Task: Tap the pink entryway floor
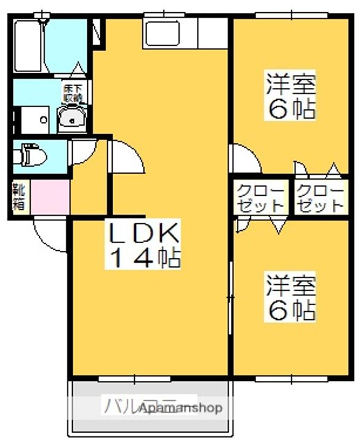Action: (x=50, y=197)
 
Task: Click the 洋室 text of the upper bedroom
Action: (x=290, y=83)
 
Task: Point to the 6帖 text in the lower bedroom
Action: (x=290, y=311)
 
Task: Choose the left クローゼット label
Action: (x=261, y=198)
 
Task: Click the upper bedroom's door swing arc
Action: (x=245, y=159)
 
